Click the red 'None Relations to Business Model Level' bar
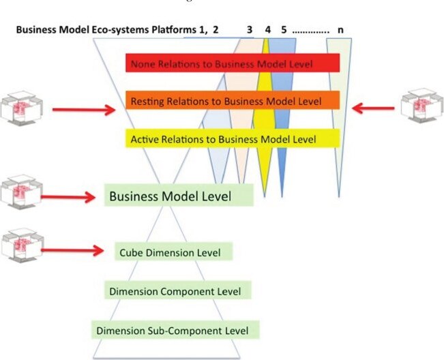(233, 63)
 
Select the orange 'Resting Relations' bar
(233, 100)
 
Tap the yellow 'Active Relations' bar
(233, 138)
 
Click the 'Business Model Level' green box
(179, 195)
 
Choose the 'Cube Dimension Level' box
(174, 252)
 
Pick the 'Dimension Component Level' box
(177, 290)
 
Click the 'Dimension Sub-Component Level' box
(175, 330)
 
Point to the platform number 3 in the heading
(249, 29)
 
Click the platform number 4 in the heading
(267, 29)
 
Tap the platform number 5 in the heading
(284, 29)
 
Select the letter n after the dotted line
(340, 30)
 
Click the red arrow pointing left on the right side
(373, 108)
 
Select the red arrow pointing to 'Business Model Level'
(68, 197)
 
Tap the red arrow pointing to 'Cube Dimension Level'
(72, 250)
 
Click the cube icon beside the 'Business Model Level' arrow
(22, 192)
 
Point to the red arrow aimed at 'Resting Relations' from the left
(85, 110)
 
